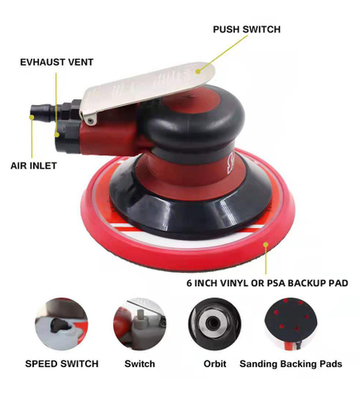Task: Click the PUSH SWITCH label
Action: [x=247, y=29]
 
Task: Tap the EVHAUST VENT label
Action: [x=57, y=61]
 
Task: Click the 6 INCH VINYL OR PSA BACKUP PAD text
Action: [x=266, y=283]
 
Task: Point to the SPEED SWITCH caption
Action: [x=62, y=363]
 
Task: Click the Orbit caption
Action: [x=214, y=363]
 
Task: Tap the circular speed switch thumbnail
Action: [x=61, y=324]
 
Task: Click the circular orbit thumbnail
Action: [x=214, y=324]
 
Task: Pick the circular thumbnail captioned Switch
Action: [x=140, y=324]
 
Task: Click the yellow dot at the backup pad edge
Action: [x=266, y=245]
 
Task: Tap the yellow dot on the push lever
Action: [x=198, y=72]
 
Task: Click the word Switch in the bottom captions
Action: [x=140, y=363]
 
